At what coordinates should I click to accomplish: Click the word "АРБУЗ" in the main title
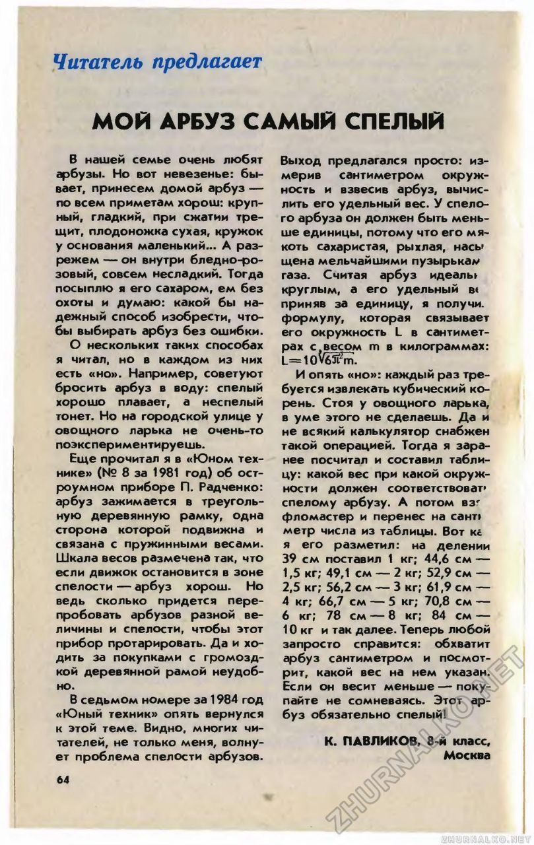coord(214,123)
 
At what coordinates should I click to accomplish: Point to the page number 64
coord(63,778)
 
